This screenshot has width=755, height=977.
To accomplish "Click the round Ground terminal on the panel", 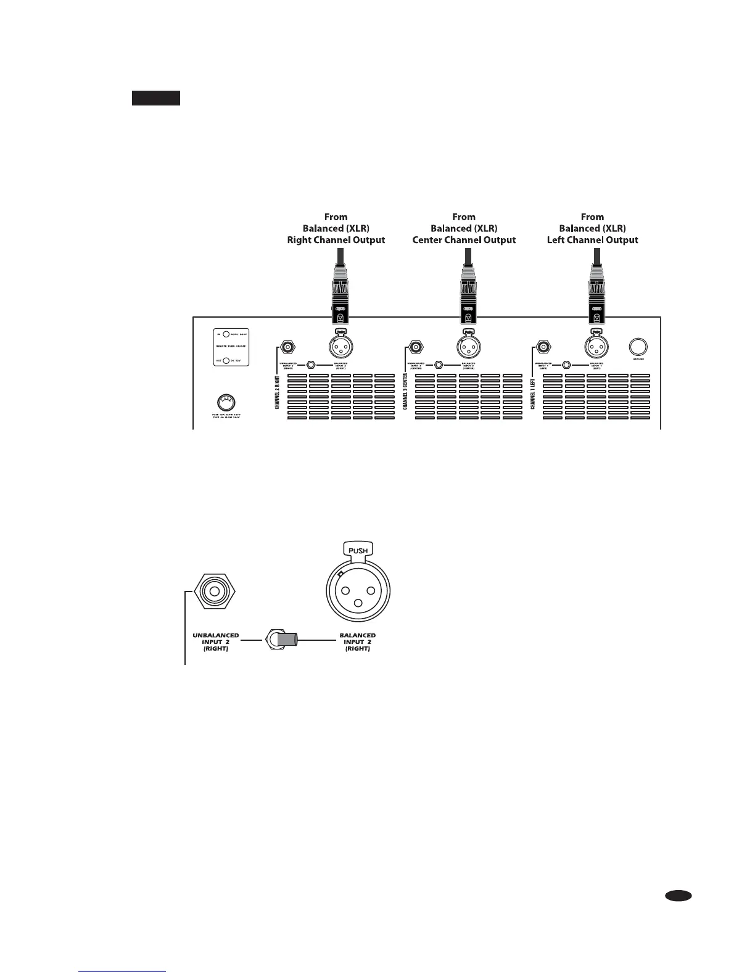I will coord(638,346).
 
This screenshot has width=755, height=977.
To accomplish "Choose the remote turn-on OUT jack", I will coord(226,361).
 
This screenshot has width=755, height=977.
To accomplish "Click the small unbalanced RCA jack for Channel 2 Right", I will coord(287,347).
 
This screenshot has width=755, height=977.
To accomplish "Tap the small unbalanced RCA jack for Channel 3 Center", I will coord(416,347).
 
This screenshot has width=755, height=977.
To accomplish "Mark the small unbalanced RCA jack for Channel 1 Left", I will coord(543,347).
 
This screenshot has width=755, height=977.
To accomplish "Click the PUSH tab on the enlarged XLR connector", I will coord(358,549).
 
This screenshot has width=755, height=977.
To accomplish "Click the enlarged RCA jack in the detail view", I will coord(215,593).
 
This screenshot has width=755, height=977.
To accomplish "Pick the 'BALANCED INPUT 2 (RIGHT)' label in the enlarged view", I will coord(357,641).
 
